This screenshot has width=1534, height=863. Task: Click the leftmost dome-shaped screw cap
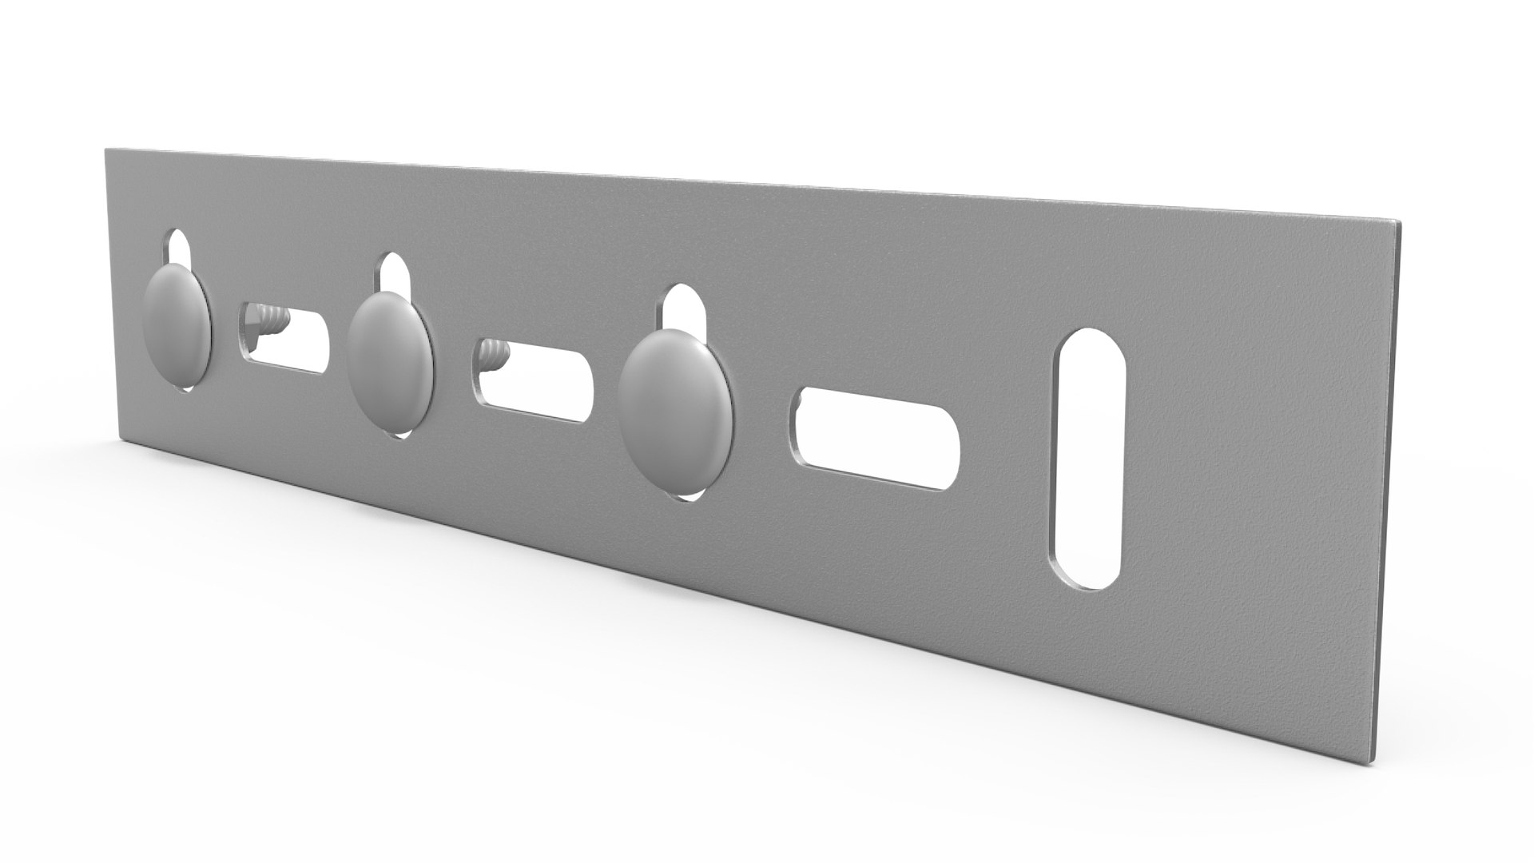[x=177, y=320]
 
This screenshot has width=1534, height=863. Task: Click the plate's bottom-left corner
[x=121, y=438]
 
